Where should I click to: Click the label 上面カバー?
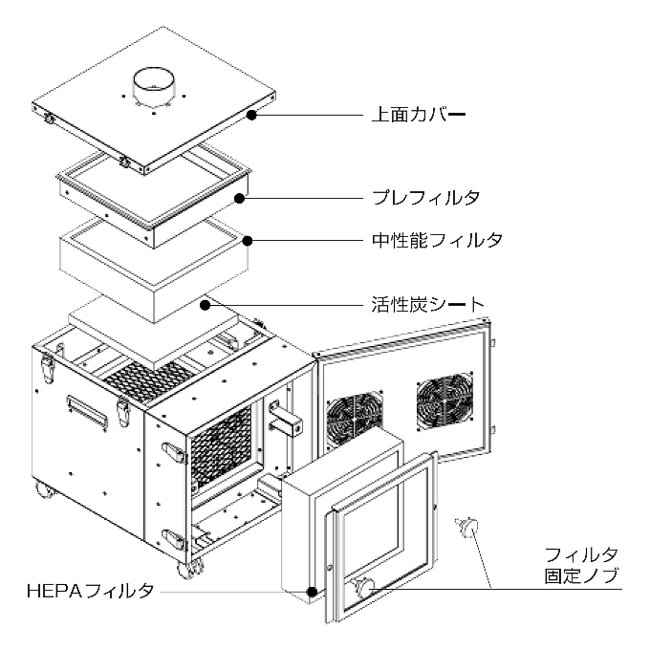(418, 118)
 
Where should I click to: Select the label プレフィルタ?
(425, 198)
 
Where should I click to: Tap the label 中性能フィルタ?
(437, 239)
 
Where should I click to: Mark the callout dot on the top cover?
(251, 116)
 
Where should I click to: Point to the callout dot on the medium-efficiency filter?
(248, 241)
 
